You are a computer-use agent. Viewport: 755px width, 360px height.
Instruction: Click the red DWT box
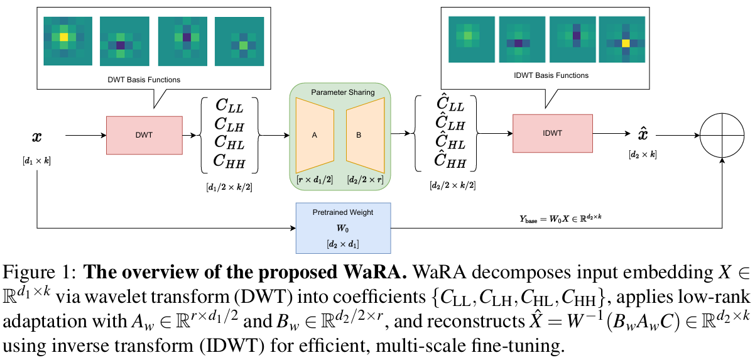coord(144,135)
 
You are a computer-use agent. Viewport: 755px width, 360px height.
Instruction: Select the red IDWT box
coord(552,133)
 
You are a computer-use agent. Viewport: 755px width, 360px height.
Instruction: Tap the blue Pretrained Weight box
coord(343,227)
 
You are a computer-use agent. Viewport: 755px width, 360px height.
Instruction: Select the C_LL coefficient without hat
coord(229,105)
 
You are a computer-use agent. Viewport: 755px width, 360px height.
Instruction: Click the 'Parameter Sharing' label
coord(342,92)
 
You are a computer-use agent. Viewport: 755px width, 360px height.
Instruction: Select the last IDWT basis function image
coord(623,40)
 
